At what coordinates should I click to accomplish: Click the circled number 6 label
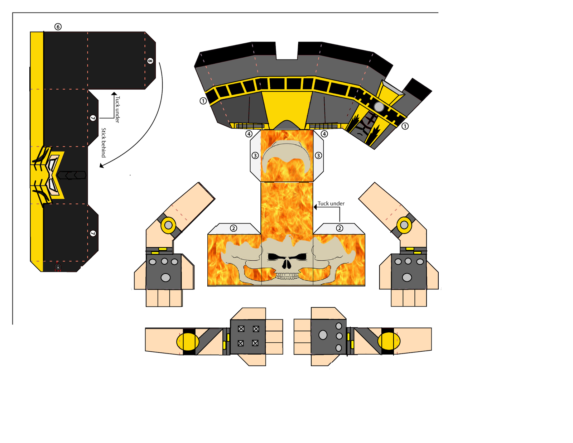pos(58,27)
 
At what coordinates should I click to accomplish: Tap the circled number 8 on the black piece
pos(150,61)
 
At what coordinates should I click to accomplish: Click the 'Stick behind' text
pos(103,143)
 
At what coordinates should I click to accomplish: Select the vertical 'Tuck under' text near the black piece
pos(117,109)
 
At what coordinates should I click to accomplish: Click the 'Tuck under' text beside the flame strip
pos(331,203)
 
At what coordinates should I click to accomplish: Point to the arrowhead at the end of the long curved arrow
pos(102,165)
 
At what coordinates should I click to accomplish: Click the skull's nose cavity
pos(287,264)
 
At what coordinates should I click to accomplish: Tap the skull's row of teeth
pos(287,276)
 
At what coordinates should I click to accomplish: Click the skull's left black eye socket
pos(274,257)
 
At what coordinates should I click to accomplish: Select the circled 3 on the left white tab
pos(255,155)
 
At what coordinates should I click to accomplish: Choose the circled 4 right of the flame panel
pos(324,134)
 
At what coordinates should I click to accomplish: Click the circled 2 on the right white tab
pos(340,228)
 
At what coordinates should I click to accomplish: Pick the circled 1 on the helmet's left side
pos(203,101)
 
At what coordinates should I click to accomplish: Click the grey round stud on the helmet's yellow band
pos(379,107)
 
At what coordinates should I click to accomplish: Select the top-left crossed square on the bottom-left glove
pos(241,329)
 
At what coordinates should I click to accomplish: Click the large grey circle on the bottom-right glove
pos(323,335)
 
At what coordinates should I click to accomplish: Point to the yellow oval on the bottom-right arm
pos(389,341)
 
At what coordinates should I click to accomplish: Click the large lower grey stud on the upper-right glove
pos(407,277)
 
